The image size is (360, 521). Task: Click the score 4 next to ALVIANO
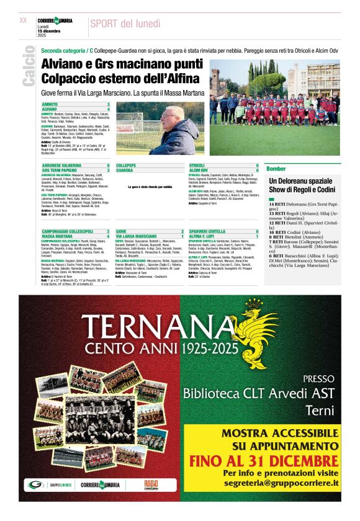(109, 109)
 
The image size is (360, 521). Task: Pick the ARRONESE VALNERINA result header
(61, 166)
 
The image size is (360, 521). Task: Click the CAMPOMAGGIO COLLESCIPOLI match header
(67, 231)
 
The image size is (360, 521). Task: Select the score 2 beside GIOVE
(182, 231)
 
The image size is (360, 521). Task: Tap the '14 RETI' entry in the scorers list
(277, 203)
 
